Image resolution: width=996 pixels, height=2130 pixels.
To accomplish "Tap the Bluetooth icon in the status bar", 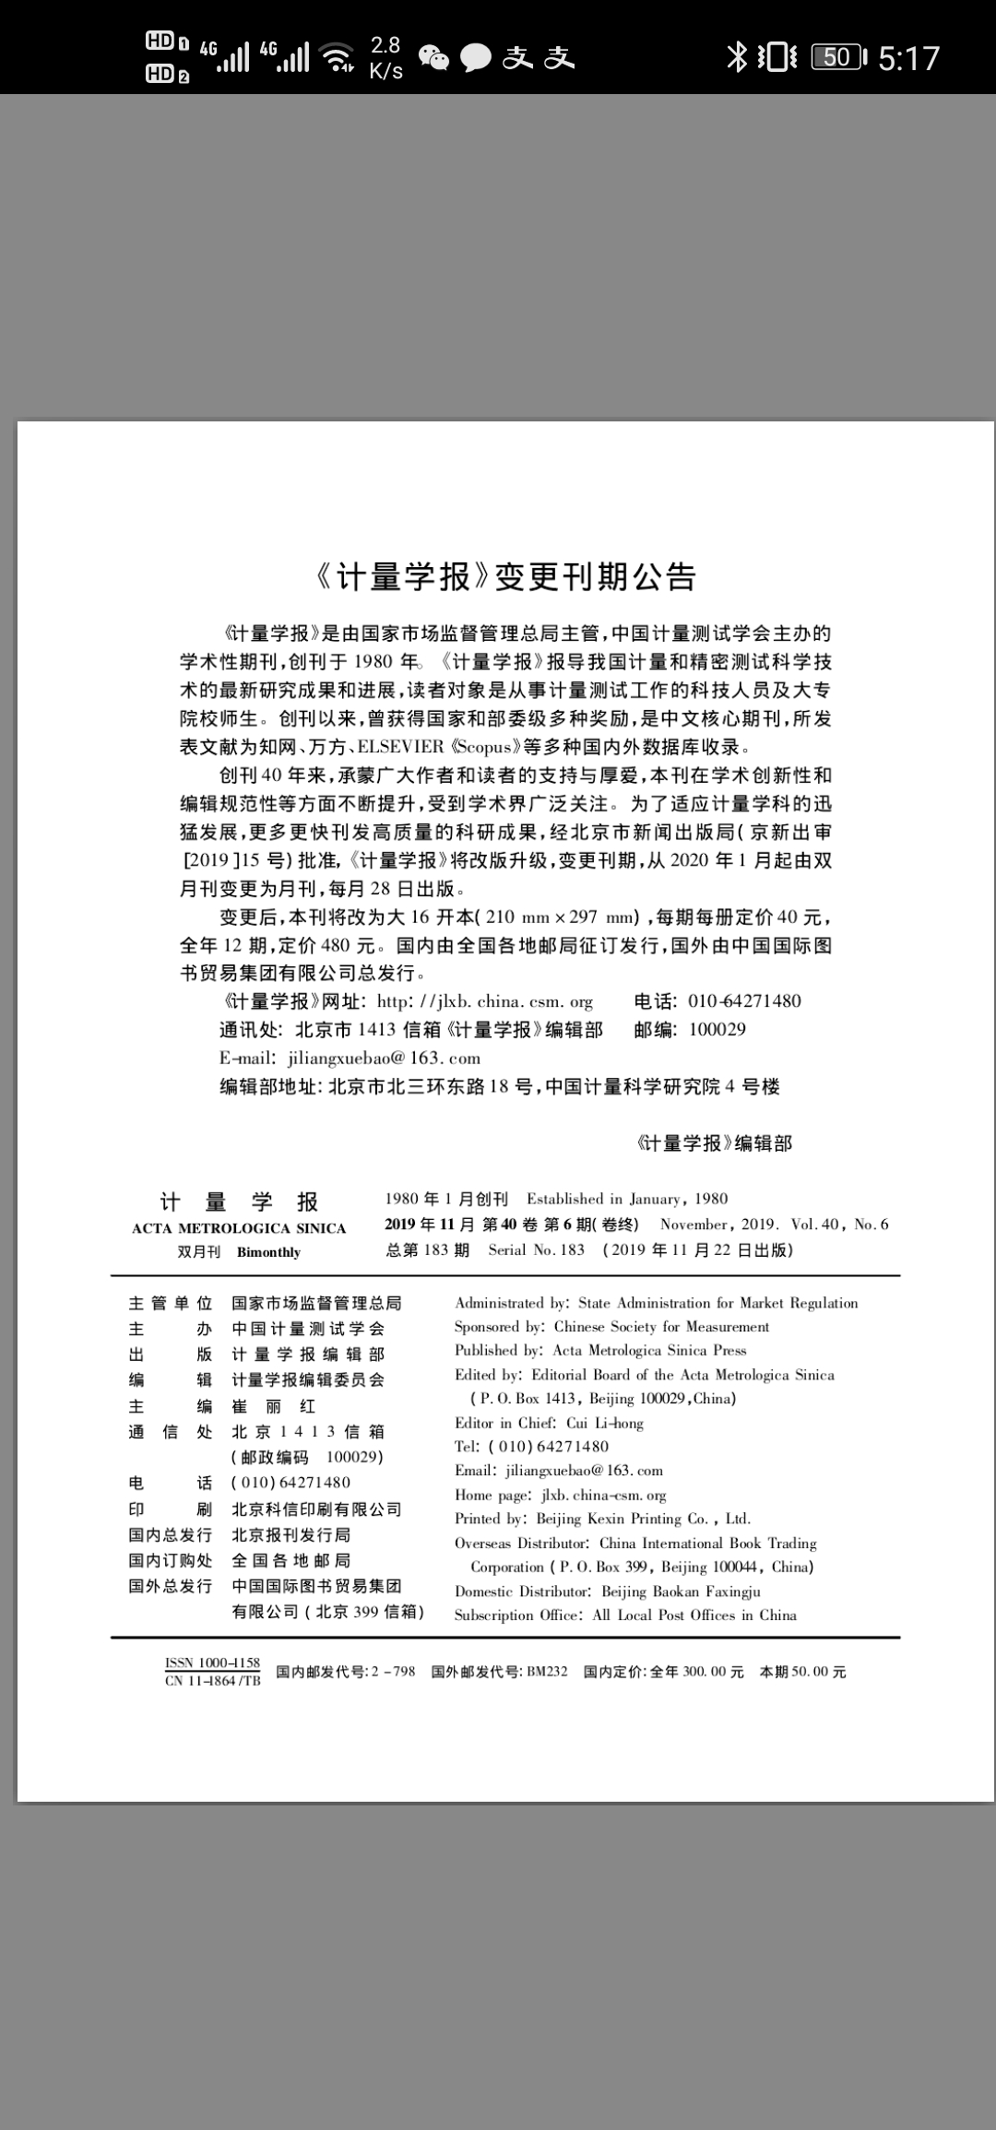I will point(737,57).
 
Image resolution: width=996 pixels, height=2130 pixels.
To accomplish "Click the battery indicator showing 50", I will point(838,57).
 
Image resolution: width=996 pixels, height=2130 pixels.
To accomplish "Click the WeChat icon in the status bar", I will point(433,58).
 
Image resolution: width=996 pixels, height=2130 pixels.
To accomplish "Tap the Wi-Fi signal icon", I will point(338,57).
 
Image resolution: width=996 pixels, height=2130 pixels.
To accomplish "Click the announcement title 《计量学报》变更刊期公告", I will point(504,577).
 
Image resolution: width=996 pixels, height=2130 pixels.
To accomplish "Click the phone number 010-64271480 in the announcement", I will point(744,1001).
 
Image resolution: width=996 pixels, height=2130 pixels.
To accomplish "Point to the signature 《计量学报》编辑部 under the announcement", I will point(714,1143).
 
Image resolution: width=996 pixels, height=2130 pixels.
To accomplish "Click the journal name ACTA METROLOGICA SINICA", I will point(239,1228).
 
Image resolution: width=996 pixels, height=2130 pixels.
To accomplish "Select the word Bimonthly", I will point(268,1252).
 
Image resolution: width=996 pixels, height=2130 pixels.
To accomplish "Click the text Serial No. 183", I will point(537,1250).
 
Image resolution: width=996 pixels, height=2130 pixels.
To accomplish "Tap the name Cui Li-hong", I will point(605,1423).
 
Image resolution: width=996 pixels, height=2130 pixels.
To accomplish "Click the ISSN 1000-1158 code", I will point(213,1663).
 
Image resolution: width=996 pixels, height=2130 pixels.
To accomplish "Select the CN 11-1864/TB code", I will point(213,1681).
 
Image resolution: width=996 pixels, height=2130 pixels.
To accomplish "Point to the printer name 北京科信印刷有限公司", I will point(316,1509).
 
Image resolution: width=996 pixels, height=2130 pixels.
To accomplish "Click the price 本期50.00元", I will point(802,1672).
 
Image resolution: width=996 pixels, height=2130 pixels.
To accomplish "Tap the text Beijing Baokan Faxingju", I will point(681,1592).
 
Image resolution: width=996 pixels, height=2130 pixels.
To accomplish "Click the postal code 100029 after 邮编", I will point(717,1030).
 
